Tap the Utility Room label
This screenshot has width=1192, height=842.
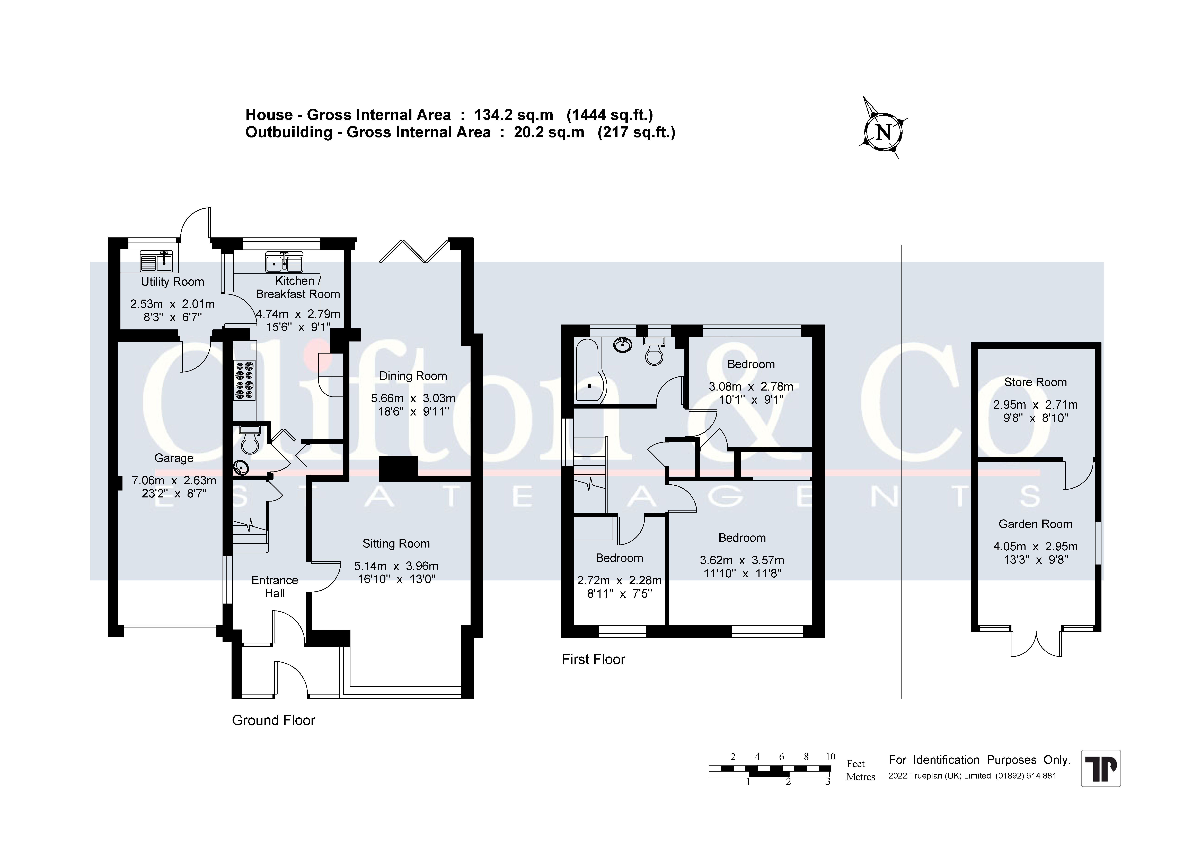click(172, 282)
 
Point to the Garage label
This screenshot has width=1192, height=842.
click(174, 458)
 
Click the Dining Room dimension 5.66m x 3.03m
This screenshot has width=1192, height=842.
click(413, 399)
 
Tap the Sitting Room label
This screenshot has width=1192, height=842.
click(396, 544)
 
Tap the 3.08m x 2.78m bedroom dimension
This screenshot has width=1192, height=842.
click(751, 386)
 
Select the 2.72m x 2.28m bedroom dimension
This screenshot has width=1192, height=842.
click(619, 580)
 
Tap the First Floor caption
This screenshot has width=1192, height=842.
click(593, 659)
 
